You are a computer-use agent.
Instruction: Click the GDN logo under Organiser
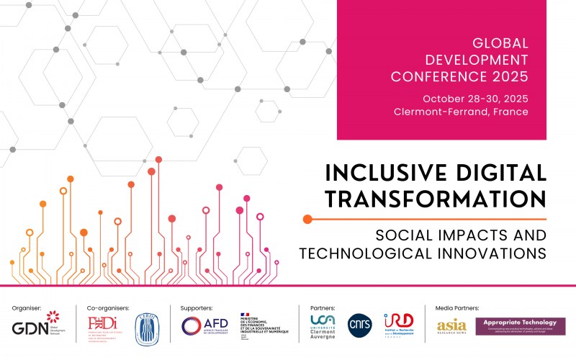(35, 326)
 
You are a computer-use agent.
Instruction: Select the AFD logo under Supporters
(204, 325)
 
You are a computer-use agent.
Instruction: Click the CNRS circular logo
(359, 325)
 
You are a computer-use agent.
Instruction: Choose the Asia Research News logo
(451, 326)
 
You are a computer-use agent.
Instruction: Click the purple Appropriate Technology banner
(520, 325)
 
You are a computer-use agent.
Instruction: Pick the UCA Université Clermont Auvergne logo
(325, 326)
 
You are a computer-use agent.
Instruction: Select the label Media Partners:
(457, 307)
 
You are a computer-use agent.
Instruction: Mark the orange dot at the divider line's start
(307, 218)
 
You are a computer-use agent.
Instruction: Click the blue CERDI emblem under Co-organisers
(150, 325)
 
